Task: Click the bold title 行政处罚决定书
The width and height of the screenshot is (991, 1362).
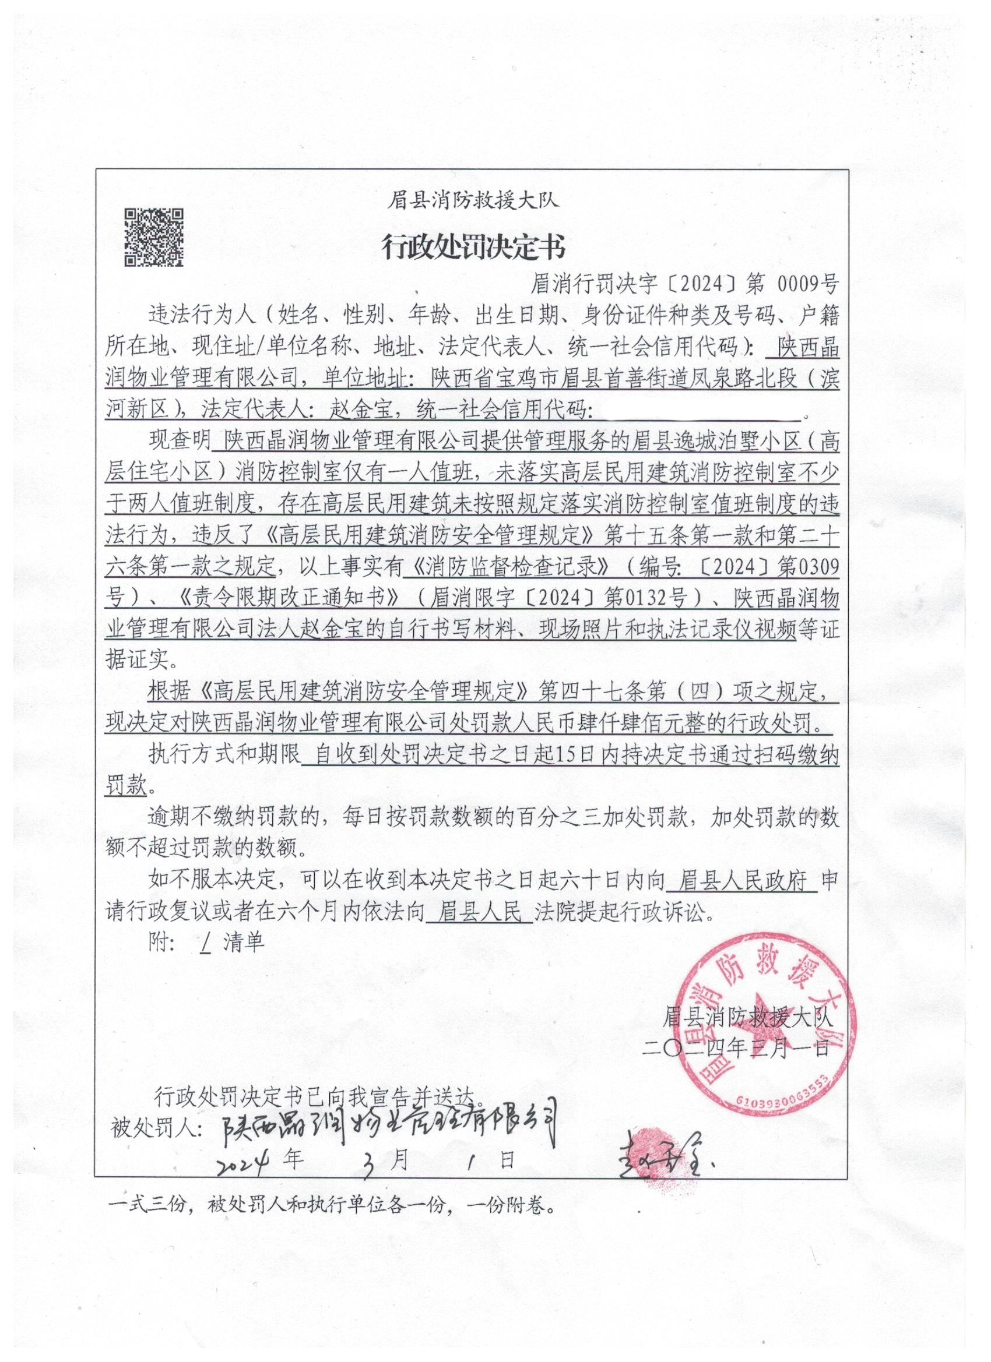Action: (x=474, y=247)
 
